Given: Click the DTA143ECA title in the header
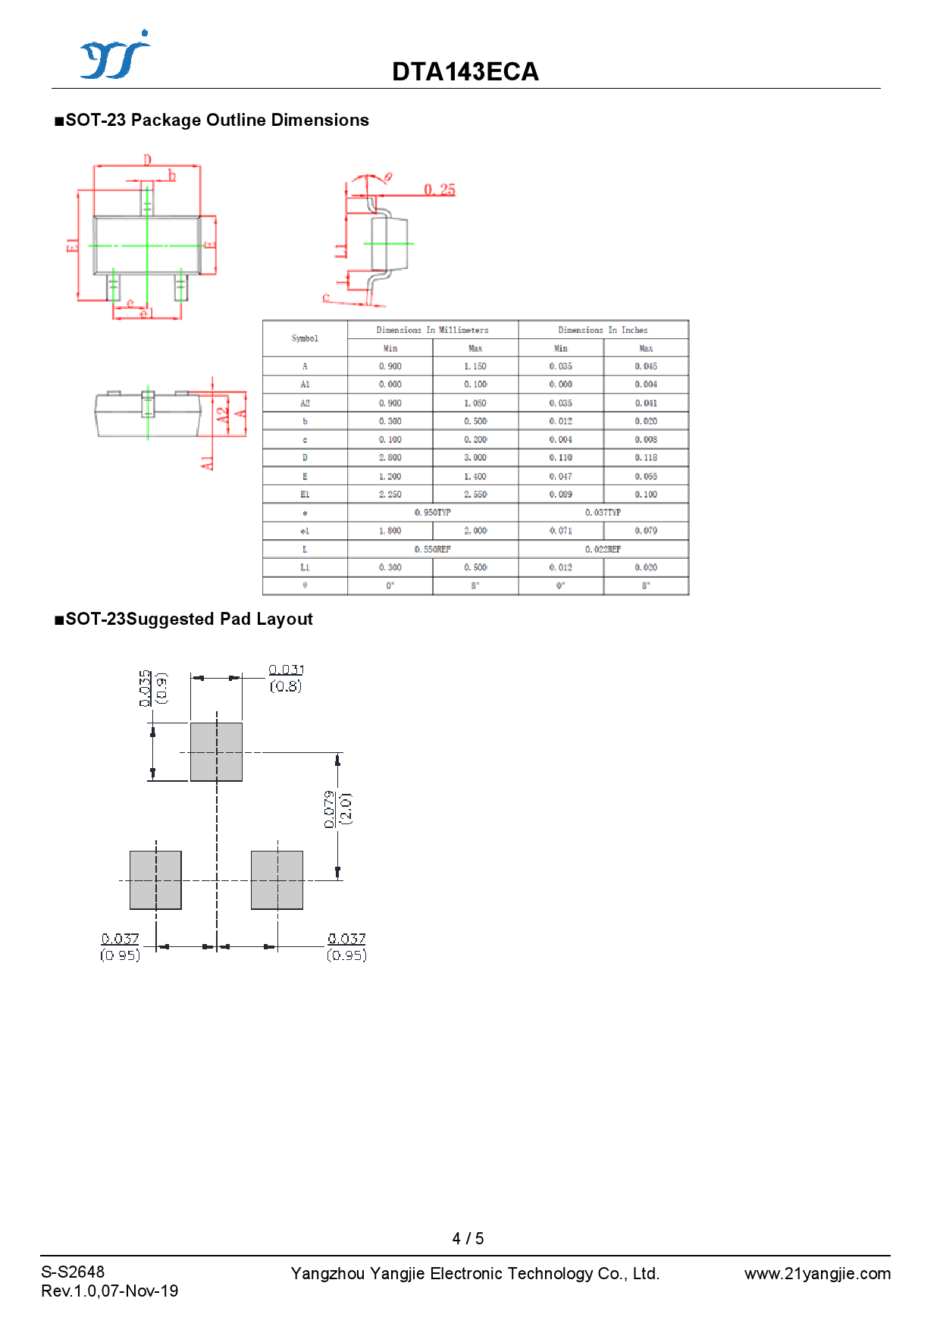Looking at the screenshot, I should point(465,72).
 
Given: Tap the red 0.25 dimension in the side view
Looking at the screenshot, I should point(440,190).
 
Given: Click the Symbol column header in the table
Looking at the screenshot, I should point(305,338).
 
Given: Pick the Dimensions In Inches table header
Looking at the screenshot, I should point(603,330).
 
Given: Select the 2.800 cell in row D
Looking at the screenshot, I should point(390,458).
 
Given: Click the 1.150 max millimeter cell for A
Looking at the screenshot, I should point(475,366).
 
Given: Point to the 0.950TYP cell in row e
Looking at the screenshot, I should point(433,513).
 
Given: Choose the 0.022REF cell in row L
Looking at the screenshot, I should point(603,549).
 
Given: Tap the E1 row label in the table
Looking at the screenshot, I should point(305,494).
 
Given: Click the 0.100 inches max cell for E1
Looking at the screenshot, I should point(646,494).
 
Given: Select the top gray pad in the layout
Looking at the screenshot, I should point(216,751).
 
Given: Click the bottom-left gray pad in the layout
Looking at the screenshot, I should point(155,880).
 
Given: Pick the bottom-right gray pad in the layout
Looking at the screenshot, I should point(277,880).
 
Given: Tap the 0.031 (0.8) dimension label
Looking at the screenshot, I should point(286,678).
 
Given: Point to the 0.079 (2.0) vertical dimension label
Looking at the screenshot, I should point(337,809).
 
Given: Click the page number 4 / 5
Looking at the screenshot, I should point(468,1238).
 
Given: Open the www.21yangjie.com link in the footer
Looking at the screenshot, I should point(817,1274).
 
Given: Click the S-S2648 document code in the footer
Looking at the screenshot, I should point(73,1272).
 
